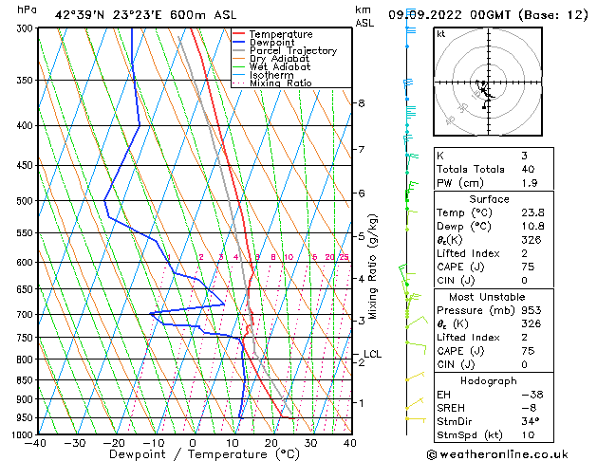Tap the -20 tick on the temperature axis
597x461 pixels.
tap(114, 442)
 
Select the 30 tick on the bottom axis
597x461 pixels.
tap(310, 442)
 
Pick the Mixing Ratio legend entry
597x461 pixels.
tap(280, 83)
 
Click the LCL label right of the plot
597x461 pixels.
tap(372, 355)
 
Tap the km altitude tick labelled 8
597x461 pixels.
tap(361, 102)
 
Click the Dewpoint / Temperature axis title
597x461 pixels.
tap(193, 454)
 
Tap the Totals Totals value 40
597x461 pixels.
tap(528, 169)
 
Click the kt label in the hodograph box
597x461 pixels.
tap(441, 34)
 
